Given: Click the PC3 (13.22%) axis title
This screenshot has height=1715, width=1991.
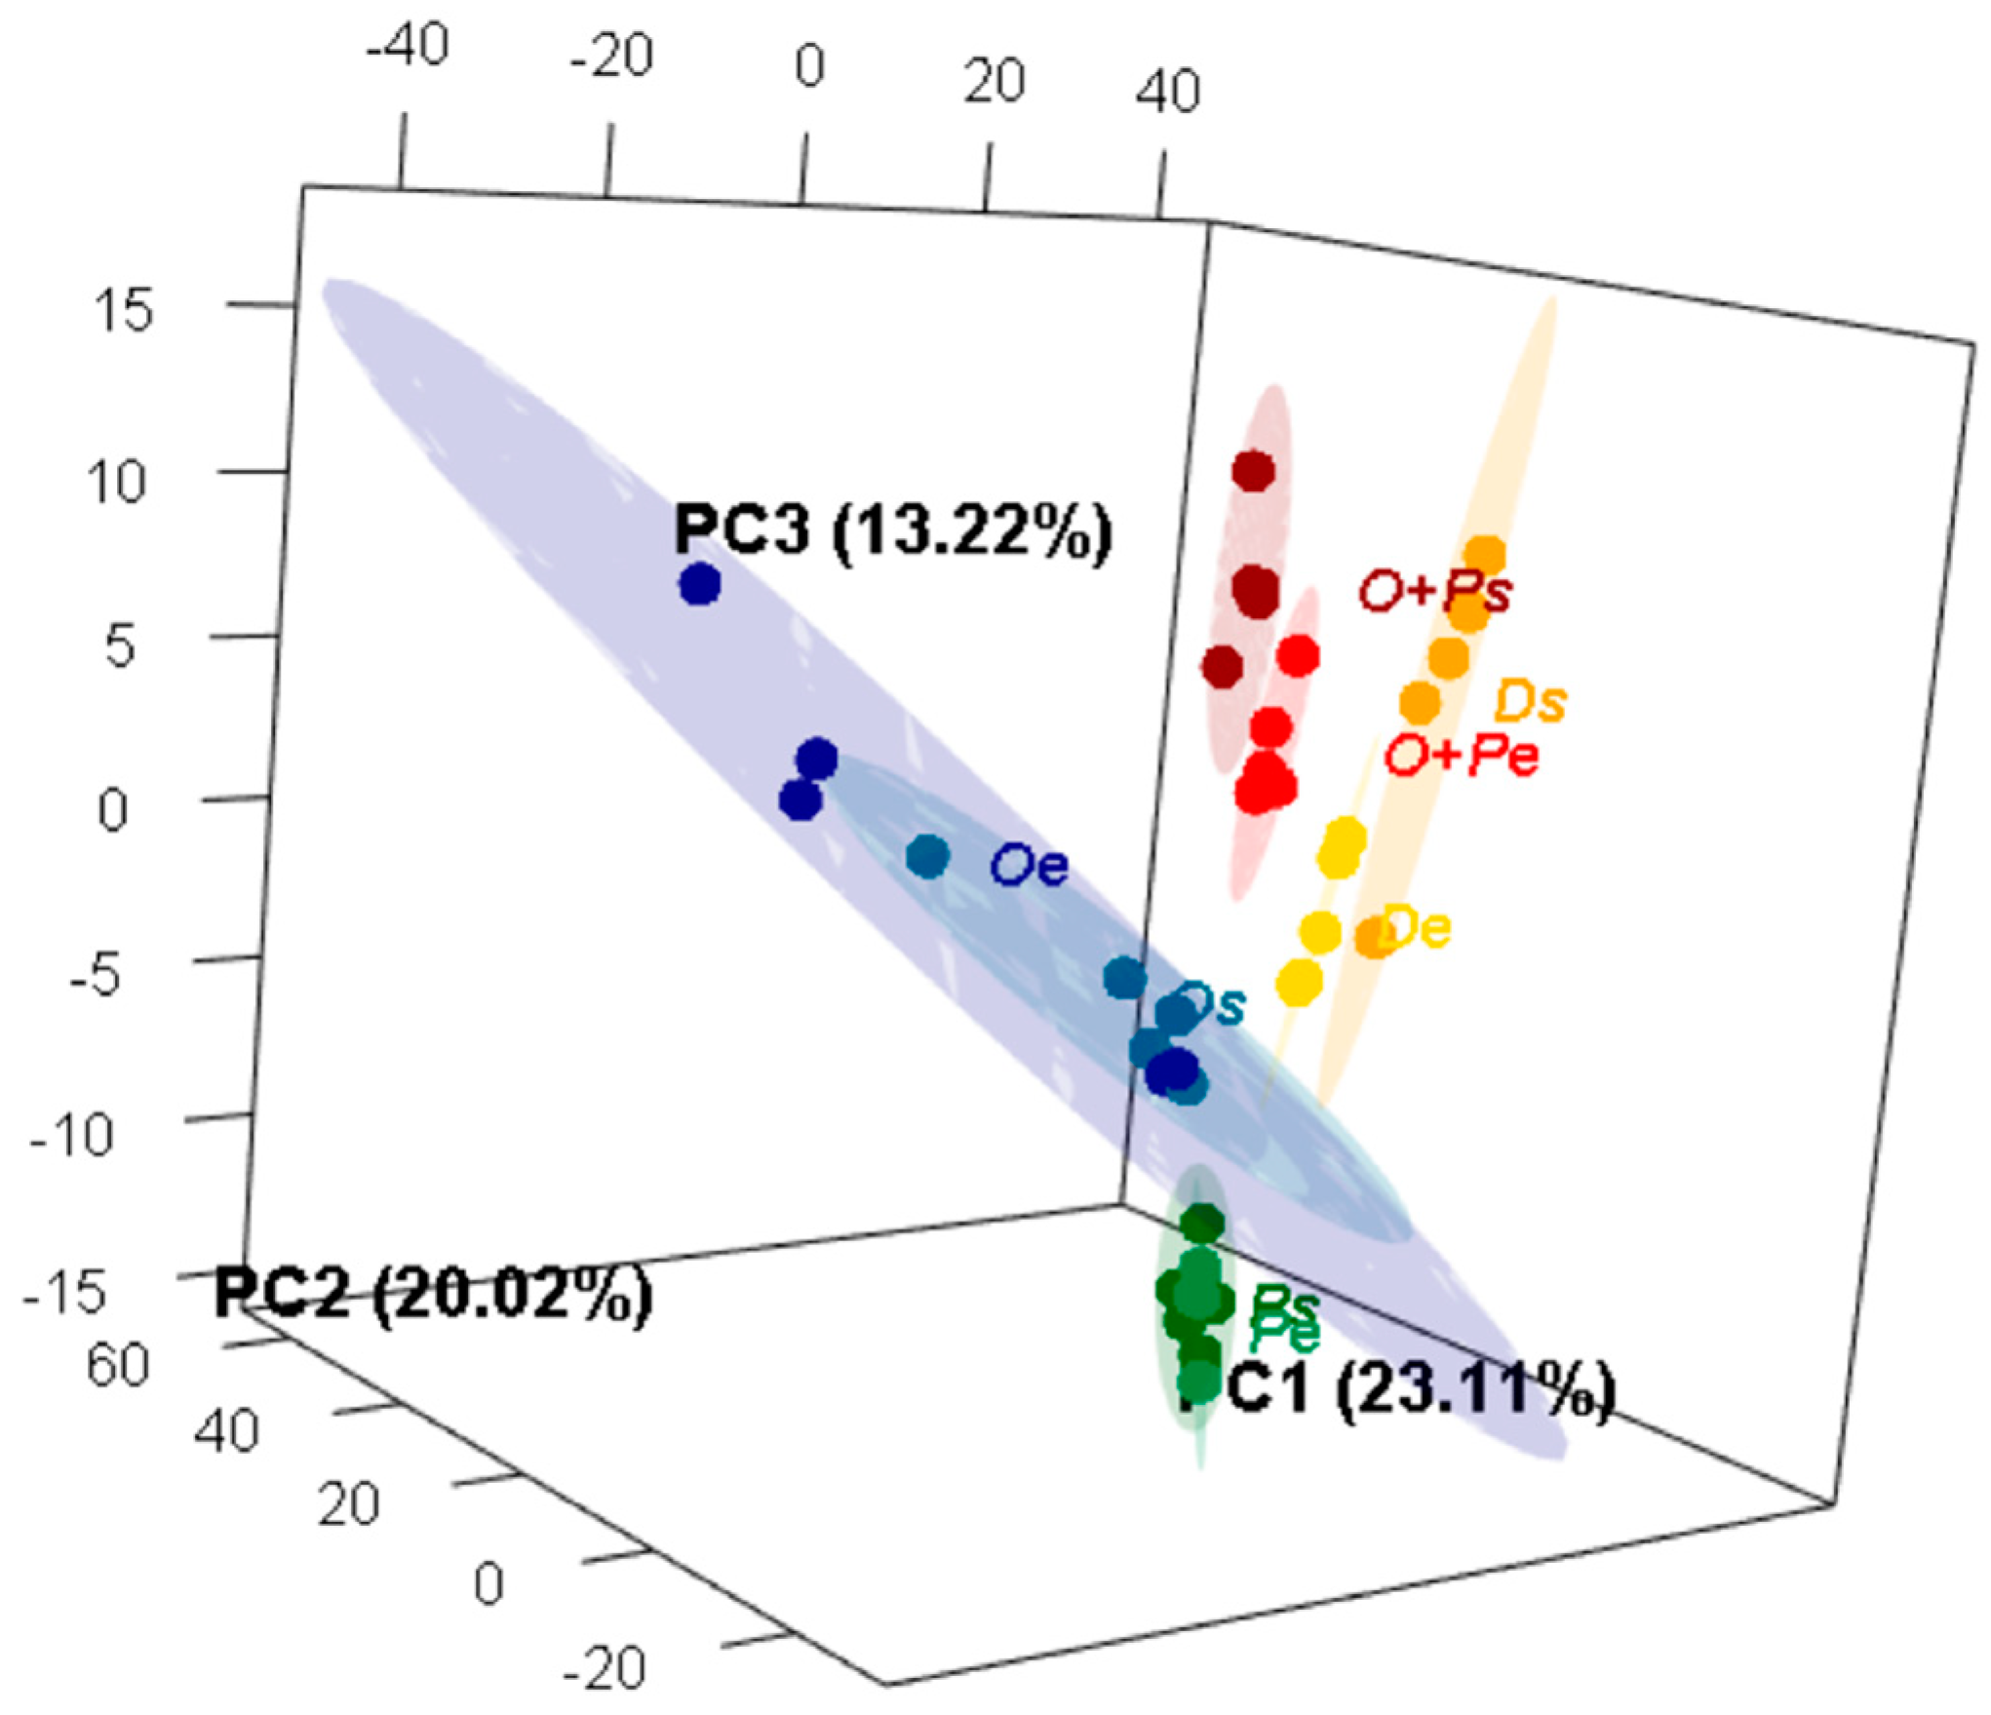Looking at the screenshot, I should point(892,531).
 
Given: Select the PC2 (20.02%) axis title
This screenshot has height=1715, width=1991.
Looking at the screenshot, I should point(433,1295).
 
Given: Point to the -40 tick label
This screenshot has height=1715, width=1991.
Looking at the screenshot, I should point(408,44).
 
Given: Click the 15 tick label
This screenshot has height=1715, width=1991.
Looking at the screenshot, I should point(123,312).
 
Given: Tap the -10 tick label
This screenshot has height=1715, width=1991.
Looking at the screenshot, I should point(71,1133).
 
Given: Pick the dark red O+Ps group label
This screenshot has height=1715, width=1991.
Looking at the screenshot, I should point(1435,591).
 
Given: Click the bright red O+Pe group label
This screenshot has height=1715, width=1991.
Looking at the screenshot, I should point(1462,756).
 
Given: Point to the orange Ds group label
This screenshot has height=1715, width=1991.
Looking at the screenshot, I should point(1530,702).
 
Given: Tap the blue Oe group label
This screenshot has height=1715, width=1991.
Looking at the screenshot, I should point(1030,866).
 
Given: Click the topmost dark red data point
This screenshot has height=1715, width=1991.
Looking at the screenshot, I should point(1253,472).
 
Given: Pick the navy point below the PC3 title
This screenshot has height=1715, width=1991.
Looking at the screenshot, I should point(700,585).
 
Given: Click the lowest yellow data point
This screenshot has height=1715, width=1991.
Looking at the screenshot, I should point(1300,982).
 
